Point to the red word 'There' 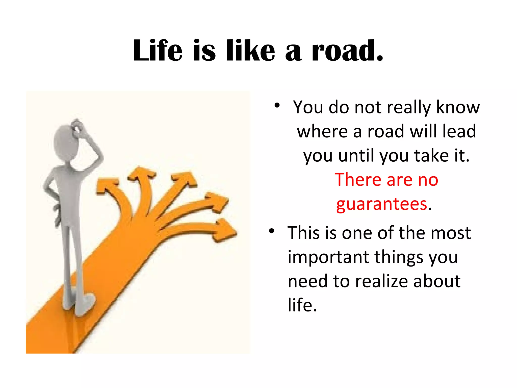point(358,180)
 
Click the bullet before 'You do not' point(277,106)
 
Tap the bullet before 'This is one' point(271,231)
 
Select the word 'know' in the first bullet point(458,108)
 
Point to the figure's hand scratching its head point(77,126)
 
